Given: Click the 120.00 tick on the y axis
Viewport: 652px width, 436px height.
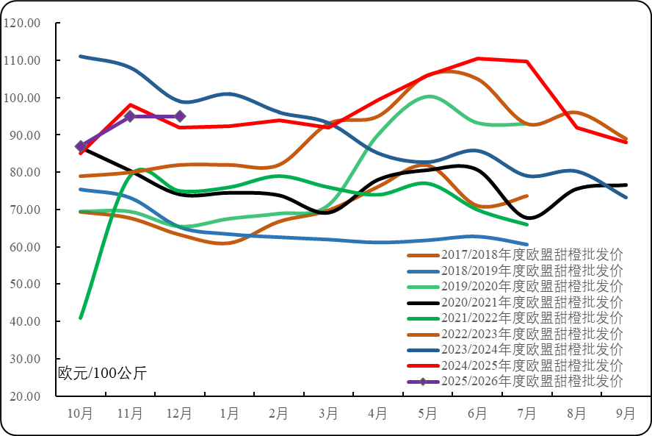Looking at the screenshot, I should click(23, 23).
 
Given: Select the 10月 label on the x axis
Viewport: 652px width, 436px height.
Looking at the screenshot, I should click(81, 414).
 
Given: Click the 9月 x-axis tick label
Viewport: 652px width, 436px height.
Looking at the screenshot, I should click(626, 414).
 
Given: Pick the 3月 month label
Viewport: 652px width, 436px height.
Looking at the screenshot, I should click(328, 414).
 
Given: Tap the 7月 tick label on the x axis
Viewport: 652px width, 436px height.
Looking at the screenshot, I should click(526, 414).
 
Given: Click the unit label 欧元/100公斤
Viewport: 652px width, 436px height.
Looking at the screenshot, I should click(103, 373).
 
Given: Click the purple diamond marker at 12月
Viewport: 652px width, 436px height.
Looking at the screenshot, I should click(180, 116).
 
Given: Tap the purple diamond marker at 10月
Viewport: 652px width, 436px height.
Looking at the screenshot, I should click(81, 146).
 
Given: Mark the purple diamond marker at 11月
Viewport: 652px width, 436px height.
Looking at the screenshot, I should click(130, 116).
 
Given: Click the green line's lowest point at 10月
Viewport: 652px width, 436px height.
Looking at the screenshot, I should click(81, 318).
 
